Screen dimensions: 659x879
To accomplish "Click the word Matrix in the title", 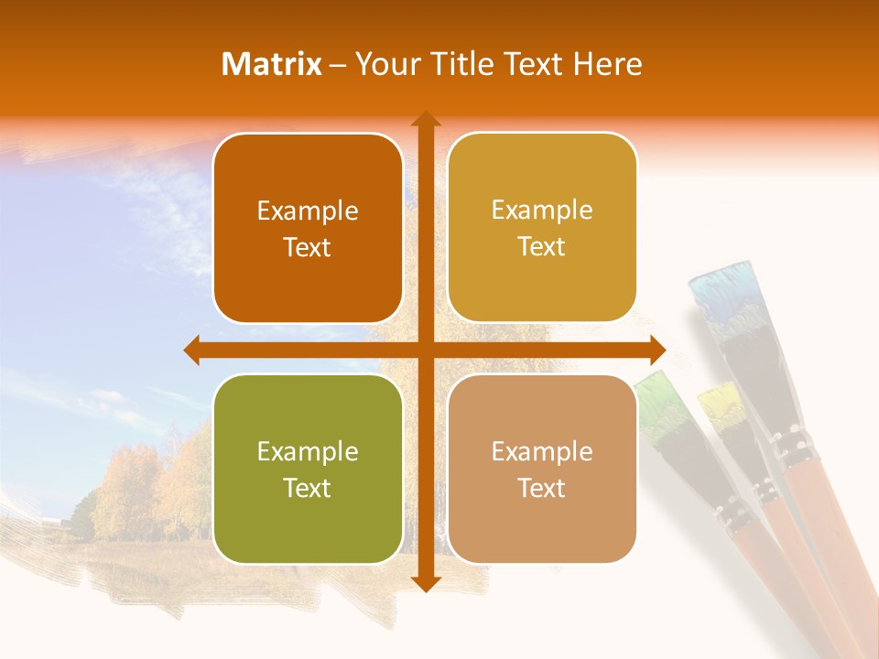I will point(271,64).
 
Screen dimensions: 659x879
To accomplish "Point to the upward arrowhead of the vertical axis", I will point(425,119).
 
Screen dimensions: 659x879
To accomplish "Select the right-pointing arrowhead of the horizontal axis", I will point(657,351).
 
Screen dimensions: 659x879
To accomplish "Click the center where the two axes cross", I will point(425,351).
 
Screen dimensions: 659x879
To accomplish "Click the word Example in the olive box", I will point(308,452).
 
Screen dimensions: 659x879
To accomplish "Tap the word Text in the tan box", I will point(541,489).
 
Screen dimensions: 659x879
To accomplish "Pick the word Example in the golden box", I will point(542,211).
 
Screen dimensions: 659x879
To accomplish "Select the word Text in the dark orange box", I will point(307,248).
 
